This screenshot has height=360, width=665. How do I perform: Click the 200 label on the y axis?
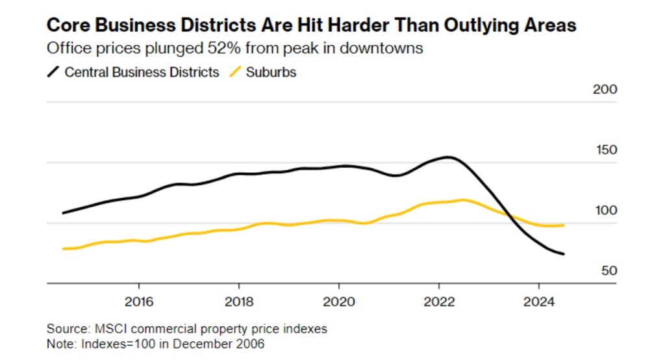click(x=605, y=89)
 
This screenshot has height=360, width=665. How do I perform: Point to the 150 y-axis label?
click(x=605, y=150)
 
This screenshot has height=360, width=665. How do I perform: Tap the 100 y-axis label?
click(x=605, y=211)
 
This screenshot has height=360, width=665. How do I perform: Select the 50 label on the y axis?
click(x=608, y=271)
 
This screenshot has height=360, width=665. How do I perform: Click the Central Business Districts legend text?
click(x=142, y=72)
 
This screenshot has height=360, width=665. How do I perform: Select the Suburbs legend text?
click(x=271, y=72)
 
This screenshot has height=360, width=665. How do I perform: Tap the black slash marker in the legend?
click(x=53, y=72)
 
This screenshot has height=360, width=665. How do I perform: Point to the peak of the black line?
click(x=448, y=157)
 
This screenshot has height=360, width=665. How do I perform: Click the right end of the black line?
click(x=563, y=254)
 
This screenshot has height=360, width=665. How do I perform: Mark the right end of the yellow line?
click(x=563, y=225)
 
